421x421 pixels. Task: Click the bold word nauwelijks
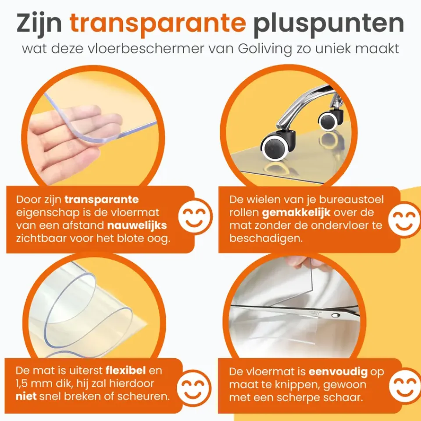[137, 225]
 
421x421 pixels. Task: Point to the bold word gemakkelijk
[296, 213]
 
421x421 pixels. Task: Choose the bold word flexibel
[126, 371]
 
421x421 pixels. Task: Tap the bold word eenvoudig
[338, 372]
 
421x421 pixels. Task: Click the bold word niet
[26, 396]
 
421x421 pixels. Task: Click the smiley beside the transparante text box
[195, 216]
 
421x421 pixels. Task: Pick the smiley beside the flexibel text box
[194, 388]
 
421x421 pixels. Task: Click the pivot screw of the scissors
[335, 315]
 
